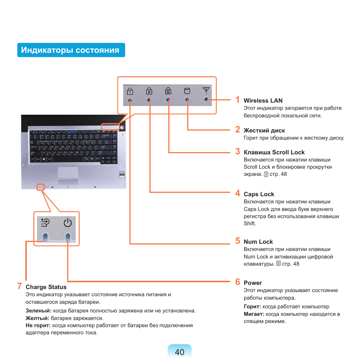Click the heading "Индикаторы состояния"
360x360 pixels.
tap(71, 50)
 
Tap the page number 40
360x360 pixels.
tap(180, 352)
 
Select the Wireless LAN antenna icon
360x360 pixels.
tap(206, 91)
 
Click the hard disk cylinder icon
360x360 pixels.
tap(187, 91)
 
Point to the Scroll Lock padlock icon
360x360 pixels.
tap(168, 91)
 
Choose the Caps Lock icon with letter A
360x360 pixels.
tap(149, 91)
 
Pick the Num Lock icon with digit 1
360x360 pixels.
tap(130, 91)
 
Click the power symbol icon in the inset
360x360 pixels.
tap(68, 223)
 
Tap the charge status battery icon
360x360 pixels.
tap(45, 223)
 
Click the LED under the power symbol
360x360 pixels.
tap(68, 237)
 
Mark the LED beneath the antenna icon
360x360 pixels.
tap(206, 99)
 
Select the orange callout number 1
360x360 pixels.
tap(237, 100)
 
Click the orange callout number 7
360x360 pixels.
tap(19, 286)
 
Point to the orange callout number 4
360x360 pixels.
tap(237, 193)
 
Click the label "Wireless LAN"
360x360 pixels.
tap(263, 101)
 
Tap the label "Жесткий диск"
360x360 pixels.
tap(264, 131)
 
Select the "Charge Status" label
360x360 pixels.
tap(46, 287)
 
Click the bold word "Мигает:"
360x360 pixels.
tap(254, 314)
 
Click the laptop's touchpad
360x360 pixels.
tap(68, 172)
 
